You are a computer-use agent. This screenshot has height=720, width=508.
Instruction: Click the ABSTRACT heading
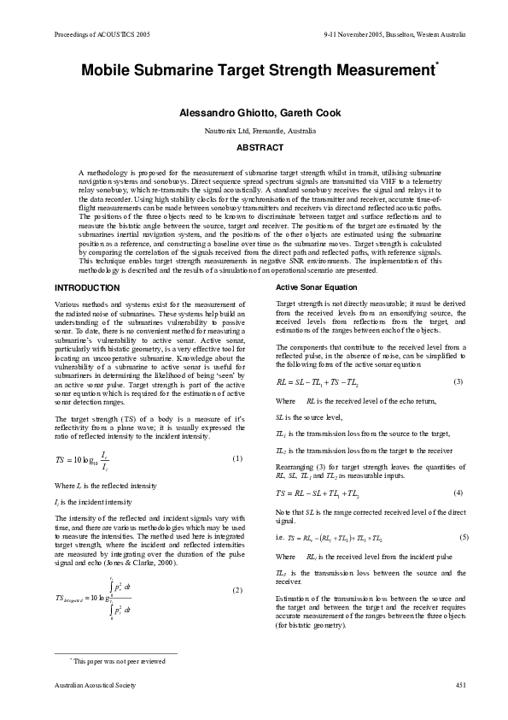pyautogui.click(x=254, y=147)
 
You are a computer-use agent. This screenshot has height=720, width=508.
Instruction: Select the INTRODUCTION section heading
pyautogui.click(x=87, y=288)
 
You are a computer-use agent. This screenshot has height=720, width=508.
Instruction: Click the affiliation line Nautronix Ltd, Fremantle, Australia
pyautogui.click(x=254, y=131)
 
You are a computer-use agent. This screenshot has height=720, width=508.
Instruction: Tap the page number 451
pyautogui.click(x=460, y=685)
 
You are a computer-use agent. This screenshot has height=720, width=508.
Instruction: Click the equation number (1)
pyautogui.click(x=238, y=459)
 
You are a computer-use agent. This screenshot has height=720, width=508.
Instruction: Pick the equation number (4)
pyautogui.click(x=458, y=493)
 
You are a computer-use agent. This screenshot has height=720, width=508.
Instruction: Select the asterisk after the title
pyautogui.click(x=437, y=64)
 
